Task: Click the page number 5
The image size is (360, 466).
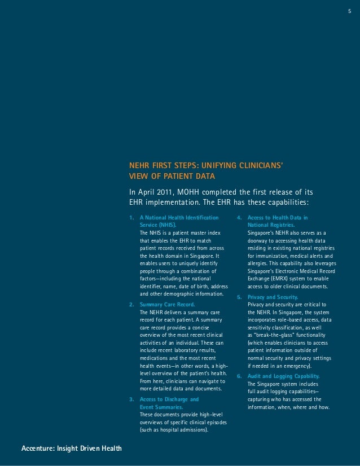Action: [350, 11]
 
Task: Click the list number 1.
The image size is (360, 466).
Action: [131, 217]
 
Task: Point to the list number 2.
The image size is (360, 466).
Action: [131, 304]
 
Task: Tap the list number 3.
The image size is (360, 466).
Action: [131, 399]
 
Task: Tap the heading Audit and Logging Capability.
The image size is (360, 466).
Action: [284, 376]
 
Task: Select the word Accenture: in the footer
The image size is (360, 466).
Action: [39, 449]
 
